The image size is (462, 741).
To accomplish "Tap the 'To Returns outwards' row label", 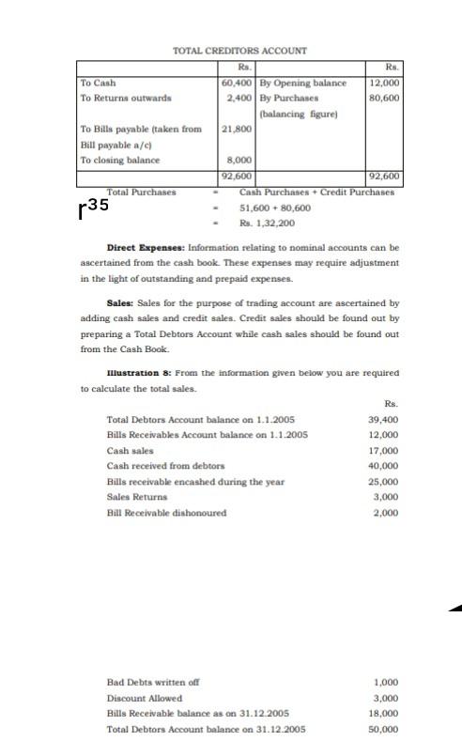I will point(126,98).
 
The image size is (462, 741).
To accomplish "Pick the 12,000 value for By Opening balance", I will point(384,83).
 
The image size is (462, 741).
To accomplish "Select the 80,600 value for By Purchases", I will point(384,98).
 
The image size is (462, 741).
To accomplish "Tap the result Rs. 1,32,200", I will point(267,223).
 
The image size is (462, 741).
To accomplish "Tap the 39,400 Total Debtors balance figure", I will point(383,420).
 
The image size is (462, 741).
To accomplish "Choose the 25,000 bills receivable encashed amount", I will point(383,482).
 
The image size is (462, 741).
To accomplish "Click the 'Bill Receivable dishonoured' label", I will point(166,513).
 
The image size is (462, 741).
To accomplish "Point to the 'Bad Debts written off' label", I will point(151,682).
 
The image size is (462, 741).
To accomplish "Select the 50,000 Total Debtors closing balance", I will point(383,729).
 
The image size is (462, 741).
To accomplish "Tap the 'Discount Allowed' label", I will point(144,698).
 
